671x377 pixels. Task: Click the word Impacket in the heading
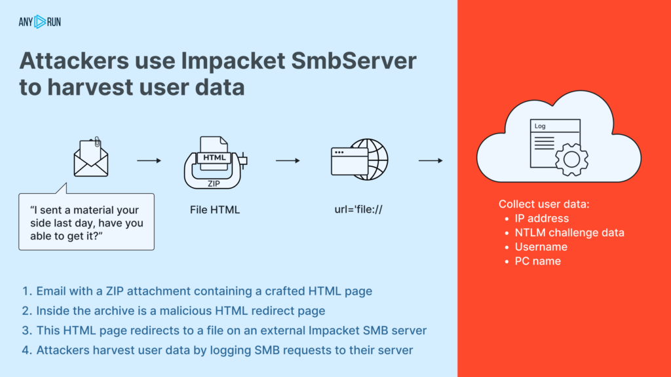pos(247,61)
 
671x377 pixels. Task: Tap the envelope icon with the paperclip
pos(90,158)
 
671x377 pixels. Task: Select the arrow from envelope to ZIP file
pos(149,160)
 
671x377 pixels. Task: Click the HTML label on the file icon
pos(214,158)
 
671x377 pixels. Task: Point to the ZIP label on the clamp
pos(214,184)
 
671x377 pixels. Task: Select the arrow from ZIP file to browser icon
pos(288,160)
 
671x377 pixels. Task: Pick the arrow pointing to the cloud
pos(431,160)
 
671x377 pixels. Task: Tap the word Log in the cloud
pos(540,126)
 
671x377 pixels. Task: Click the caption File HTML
pos(214,210)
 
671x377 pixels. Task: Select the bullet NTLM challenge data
pos(569,232)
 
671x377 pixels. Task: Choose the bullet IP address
pos(541,219)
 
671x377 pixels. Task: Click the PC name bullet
pos(537,261)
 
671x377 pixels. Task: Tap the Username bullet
pos(541,247)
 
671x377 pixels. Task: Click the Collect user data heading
pos(544,204)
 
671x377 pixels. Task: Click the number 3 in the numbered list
pos(26,330)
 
